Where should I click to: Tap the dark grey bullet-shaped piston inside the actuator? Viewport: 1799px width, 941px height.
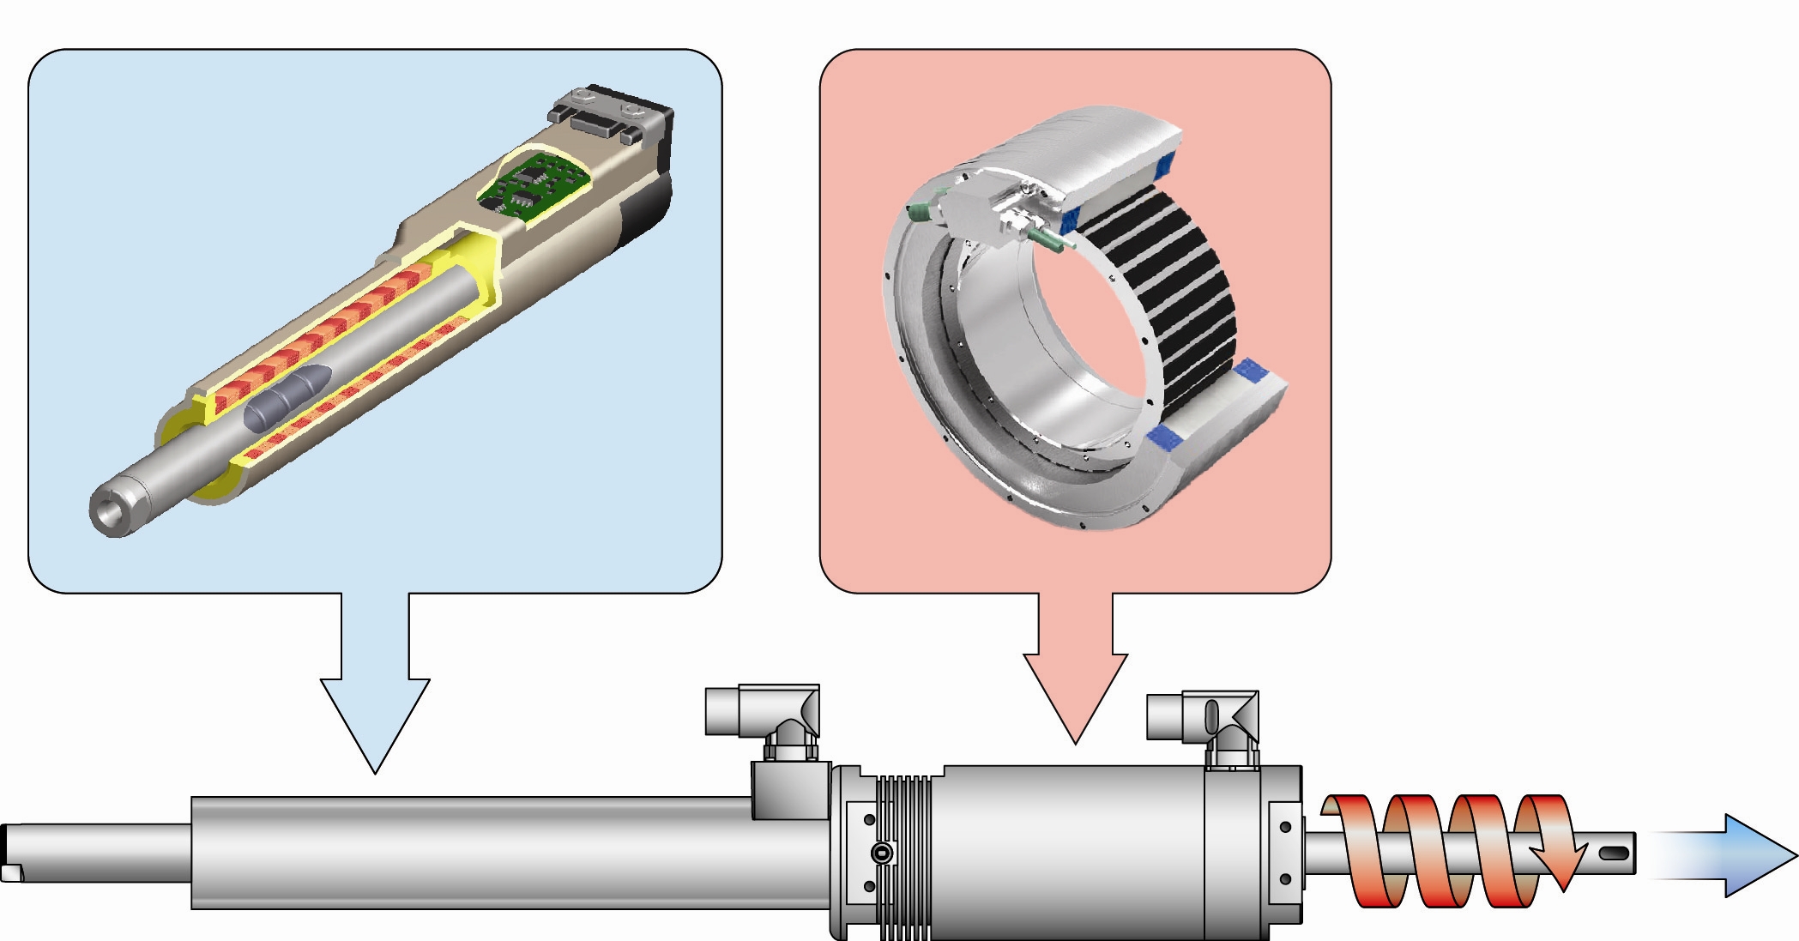point(288,400)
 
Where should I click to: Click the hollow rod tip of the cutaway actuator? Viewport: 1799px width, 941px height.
point(109,512)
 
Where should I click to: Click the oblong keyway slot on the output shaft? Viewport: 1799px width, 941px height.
point(1614,854)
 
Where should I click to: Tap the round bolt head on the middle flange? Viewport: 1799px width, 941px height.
point(881,854)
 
